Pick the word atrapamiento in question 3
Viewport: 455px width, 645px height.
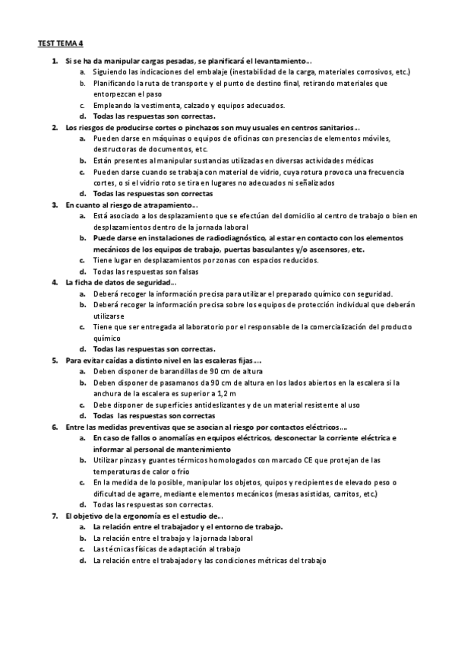171,205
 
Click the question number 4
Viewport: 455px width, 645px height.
55,282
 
